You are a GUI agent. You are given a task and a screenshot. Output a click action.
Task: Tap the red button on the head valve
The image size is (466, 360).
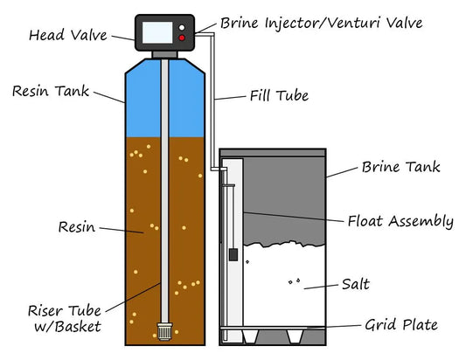(181, 38)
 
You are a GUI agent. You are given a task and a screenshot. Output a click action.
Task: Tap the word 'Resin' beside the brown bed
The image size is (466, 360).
(76, 227)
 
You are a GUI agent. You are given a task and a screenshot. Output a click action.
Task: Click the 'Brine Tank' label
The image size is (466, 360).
(401, 167)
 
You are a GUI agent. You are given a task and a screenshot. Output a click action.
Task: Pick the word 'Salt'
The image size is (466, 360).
(355, 285)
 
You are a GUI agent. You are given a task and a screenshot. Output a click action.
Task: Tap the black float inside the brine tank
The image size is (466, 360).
(233, 255)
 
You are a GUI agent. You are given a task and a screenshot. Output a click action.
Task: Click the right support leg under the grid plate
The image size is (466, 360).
(307, 336)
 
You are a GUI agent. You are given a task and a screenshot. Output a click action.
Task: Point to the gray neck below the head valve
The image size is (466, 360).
(163, 52)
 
